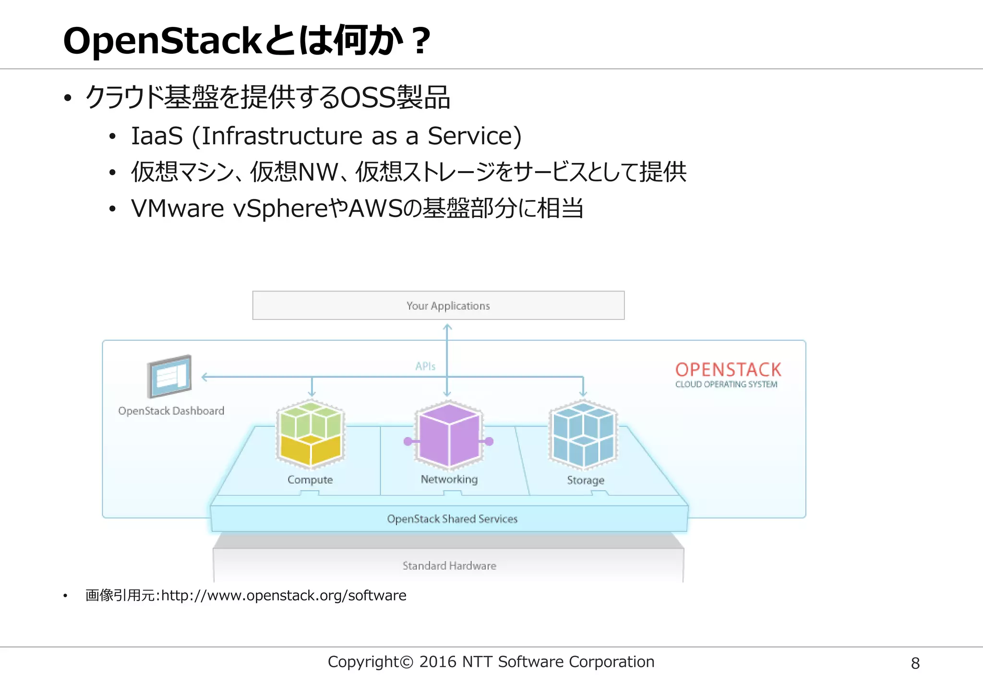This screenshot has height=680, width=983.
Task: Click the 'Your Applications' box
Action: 438,305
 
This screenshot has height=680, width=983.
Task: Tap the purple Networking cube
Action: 449,435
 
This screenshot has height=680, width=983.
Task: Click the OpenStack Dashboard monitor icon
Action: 169,376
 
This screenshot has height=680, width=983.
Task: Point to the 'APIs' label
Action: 425,366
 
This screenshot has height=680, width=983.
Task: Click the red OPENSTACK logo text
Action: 728,370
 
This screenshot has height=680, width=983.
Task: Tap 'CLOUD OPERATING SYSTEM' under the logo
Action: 726,385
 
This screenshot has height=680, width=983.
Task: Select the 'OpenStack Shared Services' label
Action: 452,519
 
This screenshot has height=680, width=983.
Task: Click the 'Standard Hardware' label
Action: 449,566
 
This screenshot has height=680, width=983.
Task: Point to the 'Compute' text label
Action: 310,480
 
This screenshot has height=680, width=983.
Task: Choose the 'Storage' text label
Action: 586,480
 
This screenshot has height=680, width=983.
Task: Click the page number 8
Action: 915,663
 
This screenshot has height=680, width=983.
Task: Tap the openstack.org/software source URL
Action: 284,596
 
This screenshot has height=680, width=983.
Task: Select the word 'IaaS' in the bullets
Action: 157,136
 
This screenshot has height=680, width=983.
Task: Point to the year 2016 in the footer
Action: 437,662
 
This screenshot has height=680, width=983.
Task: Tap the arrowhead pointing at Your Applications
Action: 447,327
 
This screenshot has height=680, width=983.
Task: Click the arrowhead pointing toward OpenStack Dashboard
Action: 204,377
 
